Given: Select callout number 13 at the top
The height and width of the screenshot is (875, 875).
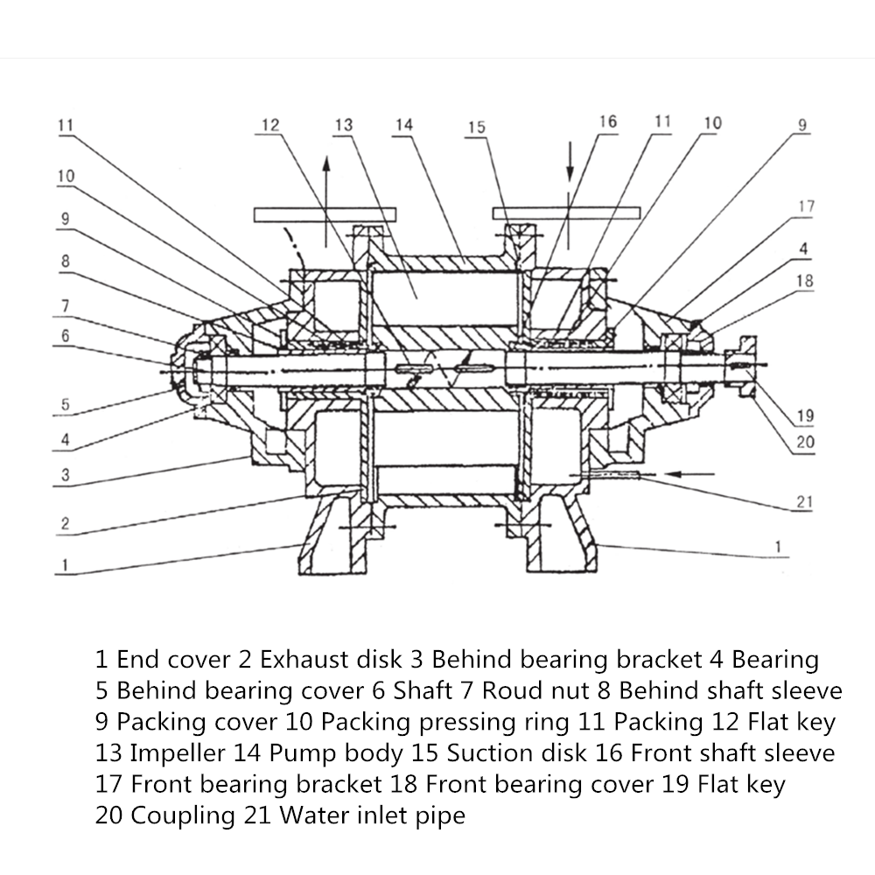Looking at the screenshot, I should point(343,125).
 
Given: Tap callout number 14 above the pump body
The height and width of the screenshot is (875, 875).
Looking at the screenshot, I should point(403,125).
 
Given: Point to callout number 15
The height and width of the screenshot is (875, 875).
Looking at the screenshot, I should point(475,128).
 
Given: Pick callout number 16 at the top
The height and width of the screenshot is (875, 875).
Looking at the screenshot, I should point(607,121).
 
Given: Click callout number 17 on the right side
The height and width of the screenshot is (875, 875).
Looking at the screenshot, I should point(806,206).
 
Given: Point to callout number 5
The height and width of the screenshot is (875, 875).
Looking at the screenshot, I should point(65,405).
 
